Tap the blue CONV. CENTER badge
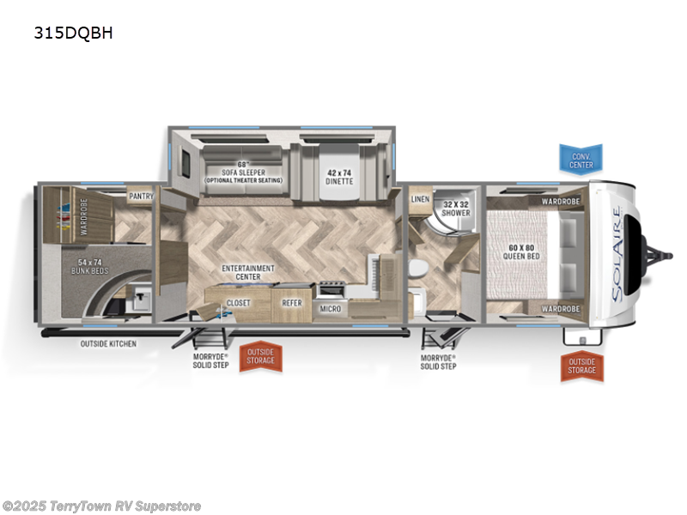point(581,159)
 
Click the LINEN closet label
point(420,199)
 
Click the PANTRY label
point(141,197)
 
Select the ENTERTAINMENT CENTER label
point(247,272)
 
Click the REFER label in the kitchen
point(292,303)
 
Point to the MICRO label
point(330,308)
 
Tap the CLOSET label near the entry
point(238,303)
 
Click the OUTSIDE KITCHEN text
point(108,343)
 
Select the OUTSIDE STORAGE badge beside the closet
point(261,355)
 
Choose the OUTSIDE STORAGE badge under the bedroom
point(581,366)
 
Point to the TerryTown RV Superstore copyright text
point(102,506)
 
